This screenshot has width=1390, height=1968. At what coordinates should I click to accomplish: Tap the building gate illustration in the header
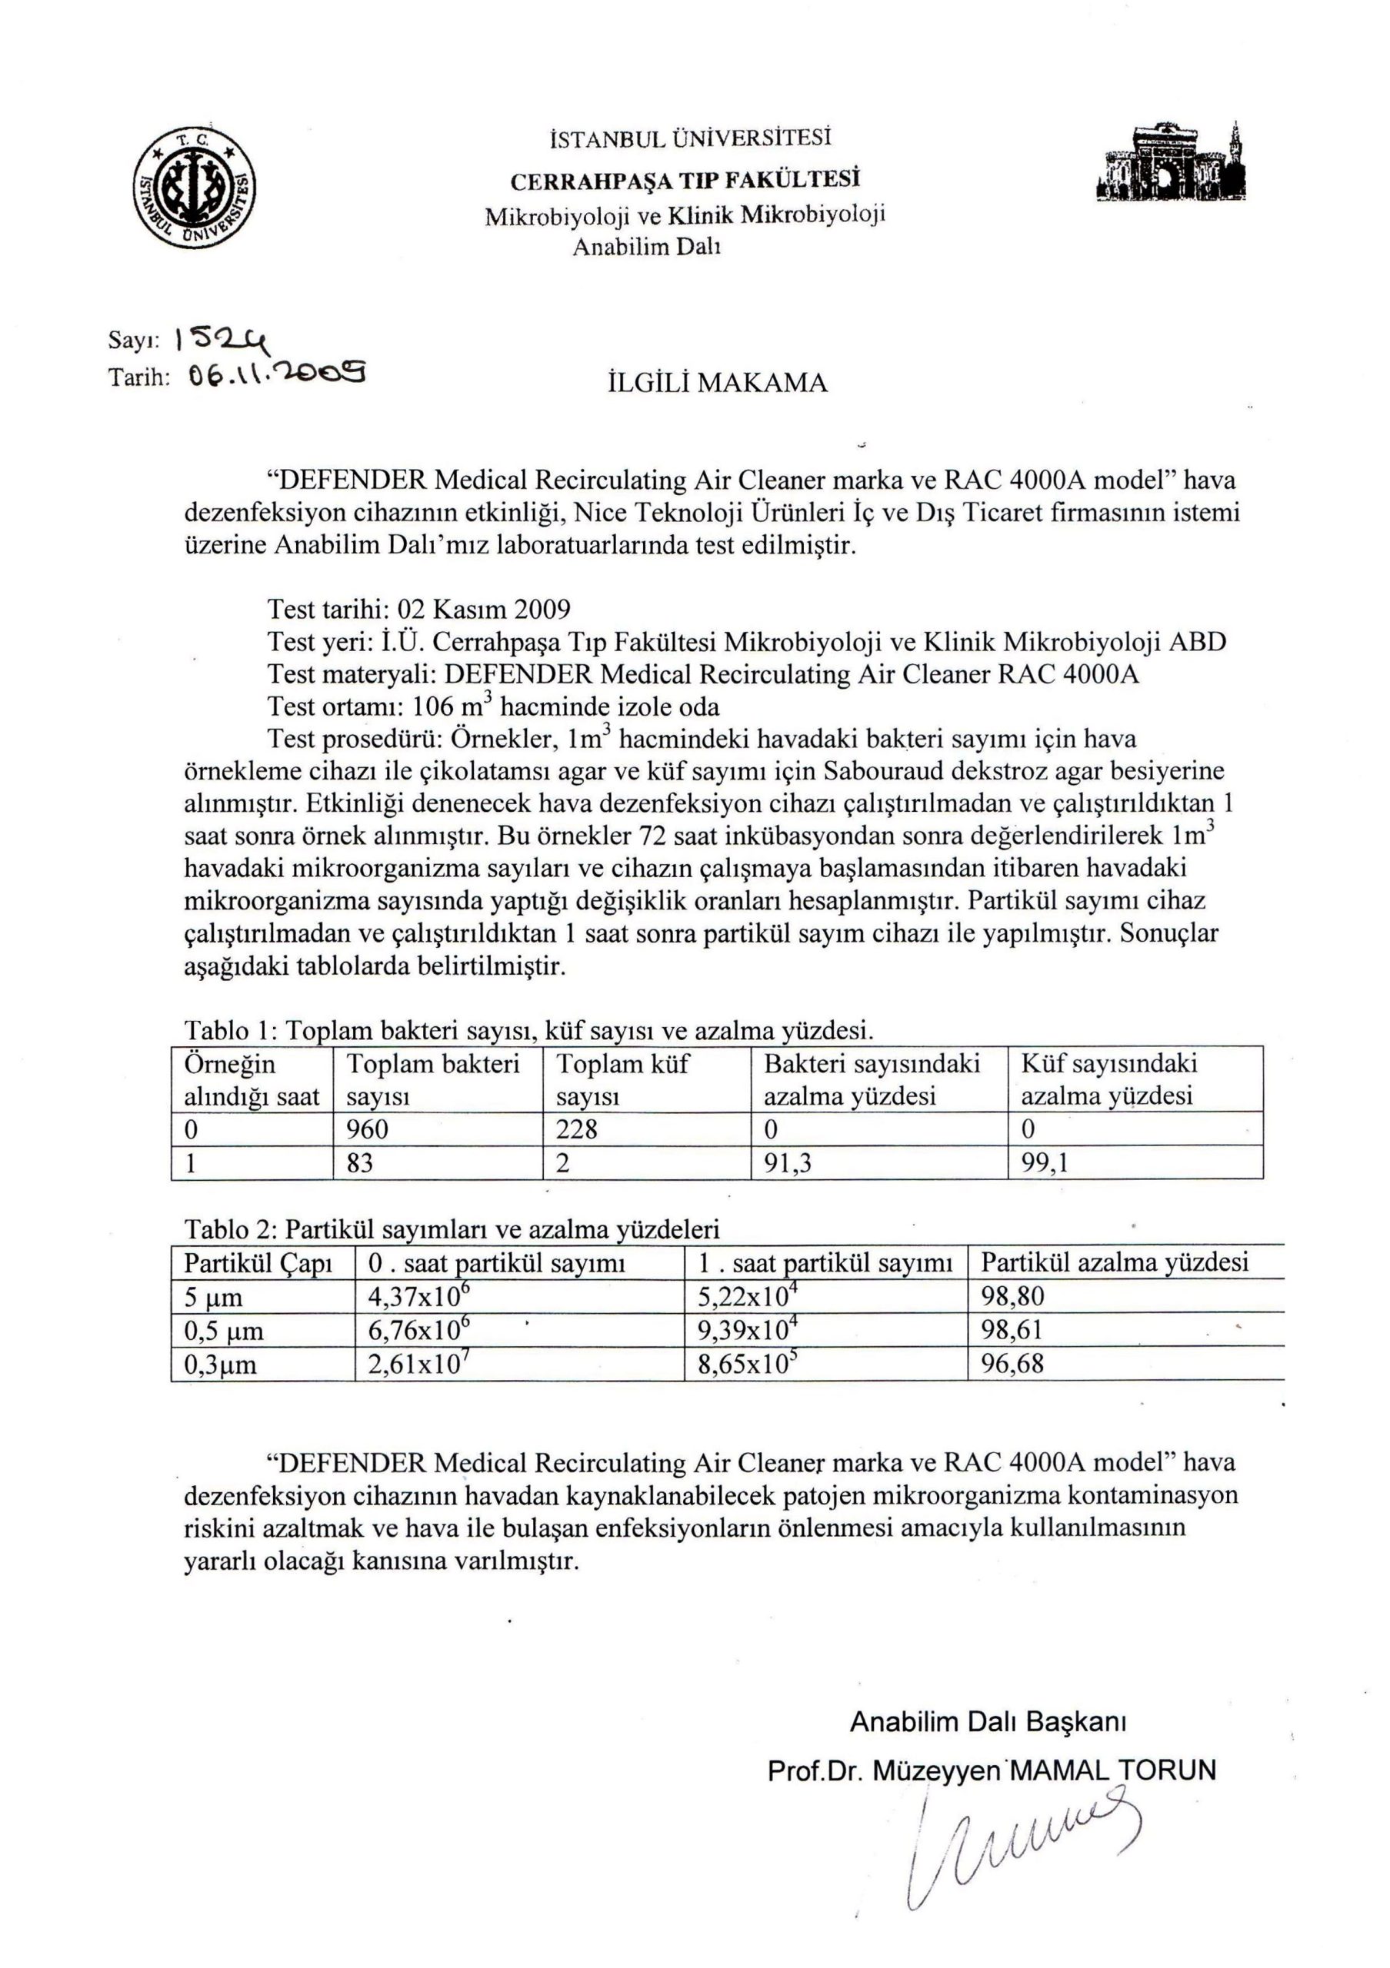[1172, 164]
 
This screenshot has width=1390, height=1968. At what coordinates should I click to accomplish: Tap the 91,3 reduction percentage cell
[788, 1163]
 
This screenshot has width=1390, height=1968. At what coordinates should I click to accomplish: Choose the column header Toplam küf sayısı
[622, 1080]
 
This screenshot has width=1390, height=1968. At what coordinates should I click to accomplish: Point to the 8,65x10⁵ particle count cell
[743, 1364]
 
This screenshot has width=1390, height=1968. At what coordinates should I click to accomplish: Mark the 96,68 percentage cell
[1013, 1364]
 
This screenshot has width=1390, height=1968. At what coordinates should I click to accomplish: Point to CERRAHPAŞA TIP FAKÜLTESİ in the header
[685, 181]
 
